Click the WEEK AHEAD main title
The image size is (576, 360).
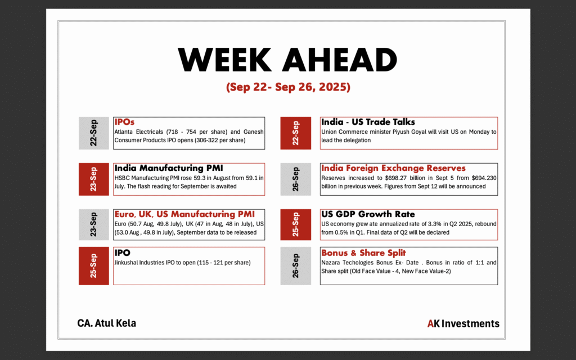[287, 60]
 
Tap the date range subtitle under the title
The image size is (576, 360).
[288, 87]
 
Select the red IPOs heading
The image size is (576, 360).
[124, 122]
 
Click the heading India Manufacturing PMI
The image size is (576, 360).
[169, 168]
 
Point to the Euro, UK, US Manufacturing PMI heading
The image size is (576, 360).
[184, 214]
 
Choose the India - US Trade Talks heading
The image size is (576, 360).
[368, 122]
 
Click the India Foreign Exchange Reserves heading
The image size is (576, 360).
[393, 168]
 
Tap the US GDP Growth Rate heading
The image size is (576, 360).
[368, 214]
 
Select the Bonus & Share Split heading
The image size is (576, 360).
[364, 253]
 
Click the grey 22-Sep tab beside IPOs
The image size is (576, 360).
[94, 133]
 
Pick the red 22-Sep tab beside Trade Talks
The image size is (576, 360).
[296, 133]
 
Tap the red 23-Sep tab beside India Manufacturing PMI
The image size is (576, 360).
[94, 179]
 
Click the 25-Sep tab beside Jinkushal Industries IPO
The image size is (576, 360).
[94, 266]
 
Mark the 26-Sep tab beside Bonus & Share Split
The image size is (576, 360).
[296, 266]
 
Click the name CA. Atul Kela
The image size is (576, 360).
[106, 323]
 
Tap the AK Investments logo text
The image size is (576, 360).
[463, 323]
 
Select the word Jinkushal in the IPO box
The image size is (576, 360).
[126, 263]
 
